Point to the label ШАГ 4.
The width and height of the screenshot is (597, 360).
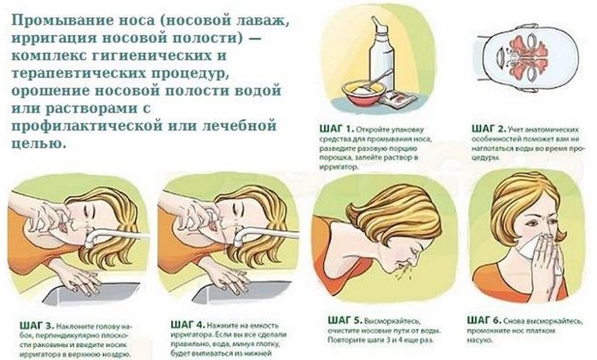[188, 325]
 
